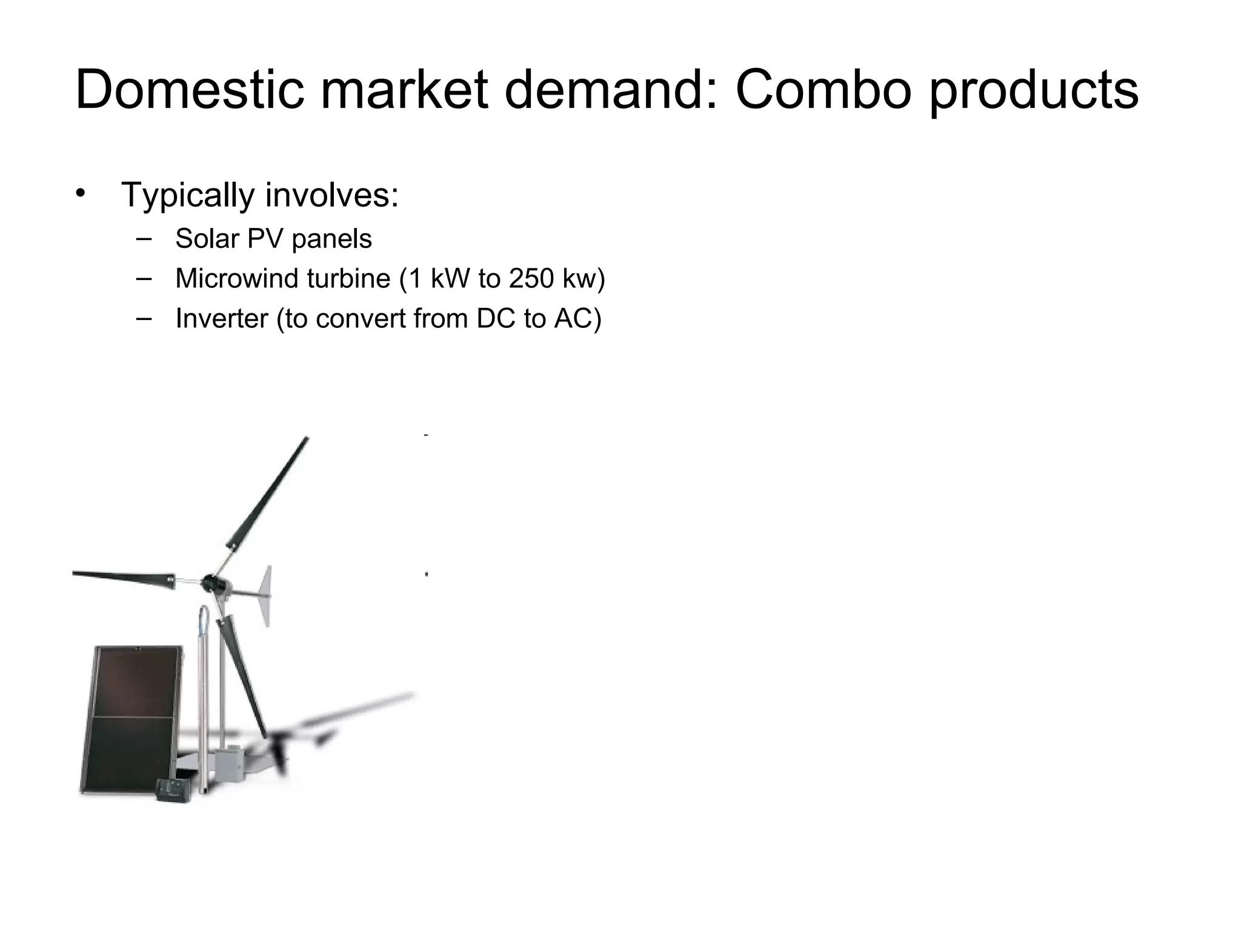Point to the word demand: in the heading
coord(611,90)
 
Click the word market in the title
coord(404,90)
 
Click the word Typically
coord(188,196)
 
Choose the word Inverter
coord(221,319)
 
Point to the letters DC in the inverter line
coord(496,319)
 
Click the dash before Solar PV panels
coord(144,238)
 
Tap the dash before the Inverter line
coord(144,318)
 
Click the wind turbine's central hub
coord(212,582)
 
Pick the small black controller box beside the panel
coord(175,790)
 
